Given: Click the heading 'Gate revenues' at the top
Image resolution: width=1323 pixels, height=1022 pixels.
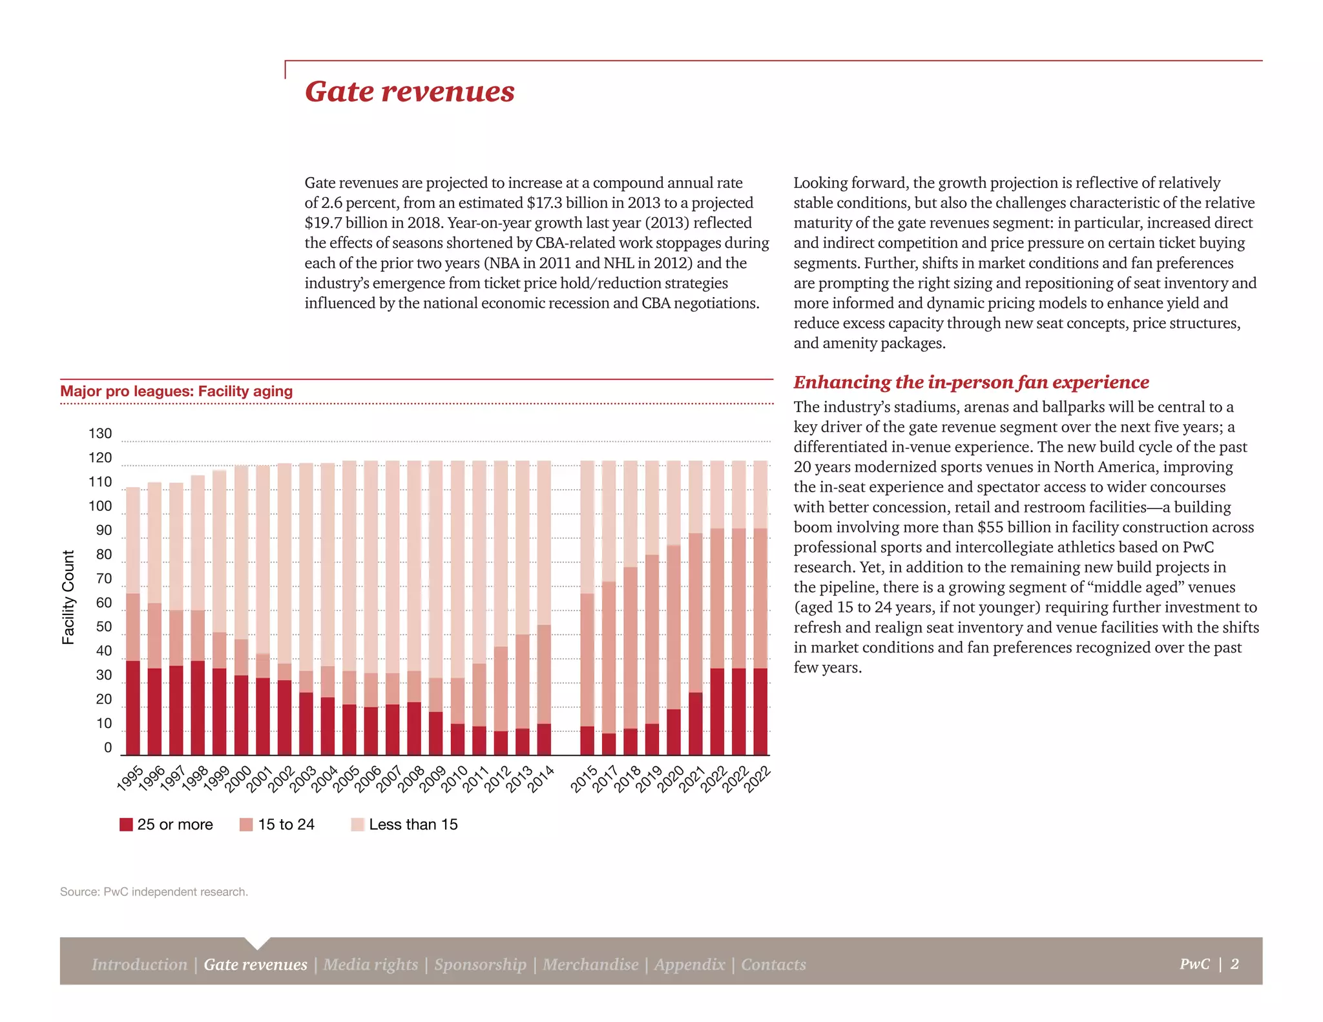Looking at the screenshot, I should tap(410, 92).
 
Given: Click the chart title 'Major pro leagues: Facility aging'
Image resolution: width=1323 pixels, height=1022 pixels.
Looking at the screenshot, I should tap(176, 391).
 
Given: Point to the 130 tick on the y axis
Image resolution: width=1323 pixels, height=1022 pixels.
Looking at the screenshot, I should tap(100, 433).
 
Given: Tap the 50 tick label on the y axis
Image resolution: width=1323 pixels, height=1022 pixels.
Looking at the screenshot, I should tap(103, 627).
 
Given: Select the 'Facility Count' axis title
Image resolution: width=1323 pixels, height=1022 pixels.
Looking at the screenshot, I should tap(68, 598).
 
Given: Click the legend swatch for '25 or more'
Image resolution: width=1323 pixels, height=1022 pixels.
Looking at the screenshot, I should tap(126, 824).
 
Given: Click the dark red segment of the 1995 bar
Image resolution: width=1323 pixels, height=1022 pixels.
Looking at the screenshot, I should tap(133, 707).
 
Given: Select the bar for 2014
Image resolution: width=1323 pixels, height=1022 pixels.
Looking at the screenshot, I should tap(544, 607).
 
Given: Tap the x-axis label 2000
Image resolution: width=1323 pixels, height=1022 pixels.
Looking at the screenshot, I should tap(238, 779).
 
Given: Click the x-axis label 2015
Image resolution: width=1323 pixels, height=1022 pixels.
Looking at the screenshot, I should tap(585, 779).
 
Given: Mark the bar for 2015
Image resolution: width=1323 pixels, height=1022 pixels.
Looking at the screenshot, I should tap(587, 607).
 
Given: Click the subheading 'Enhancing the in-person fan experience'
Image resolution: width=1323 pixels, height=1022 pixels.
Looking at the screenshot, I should tap(971, 382).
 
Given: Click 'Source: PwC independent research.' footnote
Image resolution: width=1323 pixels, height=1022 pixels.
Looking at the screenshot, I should tap(154, 892).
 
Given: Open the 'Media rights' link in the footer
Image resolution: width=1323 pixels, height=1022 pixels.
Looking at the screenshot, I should tap(371, 965).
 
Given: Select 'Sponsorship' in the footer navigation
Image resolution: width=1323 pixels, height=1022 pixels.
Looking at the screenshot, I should tap(480, 965).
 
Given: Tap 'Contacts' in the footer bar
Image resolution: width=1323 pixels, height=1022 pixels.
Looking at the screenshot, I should tap(773, 965).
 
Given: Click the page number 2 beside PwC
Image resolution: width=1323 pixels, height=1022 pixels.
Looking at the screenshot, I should tap(1234, 964).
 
